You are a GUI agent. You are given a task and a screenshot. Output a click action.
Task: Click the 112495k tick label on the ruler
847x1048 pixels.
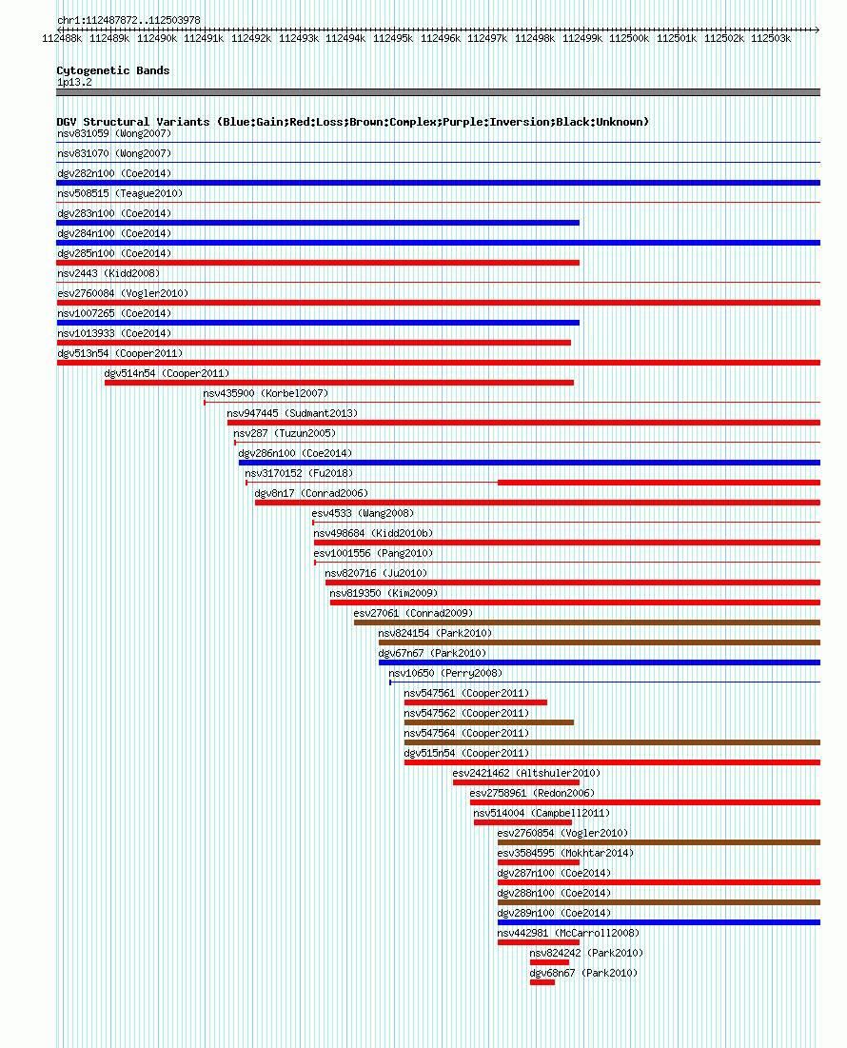(393, 39)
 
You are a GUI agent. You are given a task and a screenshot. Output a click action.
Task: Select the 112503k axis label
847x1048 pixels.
(771, 39)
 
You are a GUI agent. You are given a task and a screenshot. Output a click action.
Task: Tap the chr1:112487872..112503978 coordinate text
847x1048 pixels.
(128, 20)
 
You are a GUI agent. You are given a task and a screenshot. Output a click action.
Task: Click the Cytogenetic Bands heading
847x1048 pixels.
(113, 70)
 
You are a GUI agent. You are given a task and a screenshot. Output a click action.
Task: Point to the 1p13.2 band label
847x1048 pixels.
(75, 82)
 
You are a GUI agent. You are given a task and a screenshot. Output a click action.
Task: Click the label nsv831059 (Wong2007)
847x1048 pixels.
(114, 133)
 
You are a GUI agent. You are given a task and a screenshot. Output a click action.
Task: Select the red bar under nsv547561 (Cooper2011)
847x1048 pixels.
(476, 702)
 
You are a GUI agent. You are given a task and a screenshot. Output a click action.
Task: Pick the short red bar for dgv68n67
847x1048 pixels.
(542, 982)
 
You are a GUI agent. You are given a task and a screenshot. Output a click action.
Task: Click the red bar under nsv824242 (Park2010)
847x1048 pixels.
(550, 962)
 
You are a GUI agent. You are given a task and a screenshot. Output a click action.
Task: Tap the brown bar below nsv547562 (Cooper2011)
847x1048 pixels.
(489, 722)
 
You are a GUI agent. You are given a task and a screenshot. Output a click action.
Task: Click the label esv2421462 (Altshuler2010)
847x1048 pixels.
(526, 773)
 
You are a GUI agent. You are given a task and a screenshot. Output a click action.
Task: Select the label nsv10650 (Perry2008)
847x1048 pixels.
(445, 673)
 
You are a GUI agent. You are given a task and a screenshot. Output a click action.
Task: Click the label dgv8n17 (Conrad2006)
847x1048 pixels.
(311, 493)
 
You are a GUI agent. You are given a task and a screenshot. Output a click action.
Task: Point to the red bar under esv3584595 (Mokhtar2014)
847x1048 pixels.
(539, 862)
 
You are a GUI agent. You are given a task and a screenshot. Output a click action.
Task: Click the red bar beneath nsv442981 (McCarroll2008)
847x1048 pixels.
(539, 942)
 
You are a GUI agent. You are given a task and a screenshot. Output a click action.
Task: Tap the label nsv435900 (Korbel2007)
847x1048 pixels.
(266, 393)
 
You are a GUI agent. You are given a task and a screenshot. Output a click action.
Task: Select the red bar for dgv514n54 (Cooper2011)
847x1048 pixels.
(340, 383)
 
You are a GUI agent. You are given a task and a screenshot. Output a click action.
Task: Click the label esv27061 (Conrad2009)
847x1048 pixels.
(413, 613)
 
